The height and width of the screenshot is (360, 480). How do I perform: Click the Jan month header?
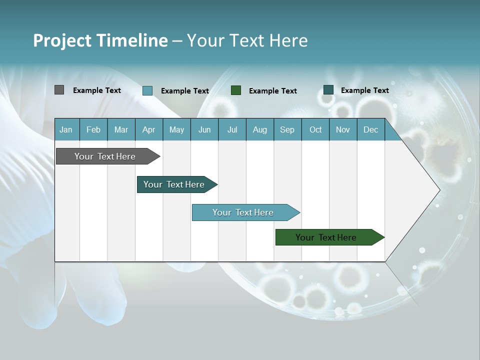pyautogui.click(x=66, y=129)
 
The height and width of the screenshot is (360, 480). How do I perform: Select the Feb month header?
pyautogui.click(x=93, y=129)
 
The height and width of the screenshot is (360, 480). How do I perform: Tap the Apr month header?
pyautogui.click(x=148, y=129)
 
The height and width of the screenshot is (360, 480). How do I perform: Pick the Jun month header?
pyautogui.click(x=204, y=129)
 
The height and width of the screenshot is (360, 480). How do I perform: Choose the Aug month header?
pyautogui.click(x=260, y=129)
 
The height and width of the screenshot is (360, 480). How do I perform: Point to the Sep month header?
pyautogui.click(x=287, y=129)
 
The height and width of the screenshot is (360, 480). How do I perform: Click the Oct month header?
pyautogui.click(x=315, y=129)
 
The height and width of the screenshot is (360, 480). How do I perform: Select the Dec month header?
pyautogui.click(x=371, y=129)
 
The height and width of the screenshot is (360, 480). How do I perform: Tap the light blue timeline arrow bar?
pyautogui.click(x=243, y=212)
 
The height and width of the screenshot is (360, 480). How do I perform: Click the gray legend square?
pyautogui.click(x=59, y=90)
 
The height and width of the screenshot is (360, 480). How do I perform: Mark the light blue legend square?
pyautogui.click(x=147, y=90)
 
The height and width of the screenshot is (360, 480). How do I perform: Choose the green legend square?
pyautogui.click(x=236, y=90)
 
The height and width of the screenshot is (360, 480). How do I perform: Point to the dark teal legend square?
pyautogui.click(x=328, y=89)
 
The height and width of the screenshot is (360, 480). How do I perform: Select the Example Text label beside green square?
pyautogui.click(x=272, y=90)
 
